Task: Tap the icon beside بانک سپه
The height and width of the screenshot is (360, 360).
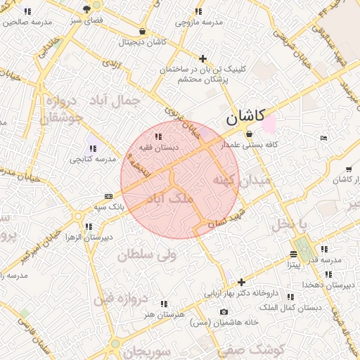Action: [108, 196]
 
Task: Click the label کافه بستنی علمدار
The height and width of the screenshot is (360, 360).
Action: [250, 145]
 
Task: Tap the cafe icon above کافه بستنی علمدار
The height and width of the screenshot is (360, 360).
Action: [249, 134]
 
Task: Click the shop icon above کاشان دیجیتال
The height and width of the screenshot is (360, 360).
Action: [143, 32]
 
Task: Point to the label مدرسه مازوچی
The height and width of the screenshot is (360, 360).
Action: [199, 22]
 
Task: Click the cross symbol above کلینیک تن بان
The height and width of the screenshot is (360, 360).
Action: [203, 58]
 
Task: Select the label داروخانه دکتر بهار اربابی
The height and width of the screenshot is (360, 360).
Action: [243, 292]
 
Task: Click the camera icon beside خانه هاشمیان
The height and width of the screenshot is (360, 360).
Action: [224, 311]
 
